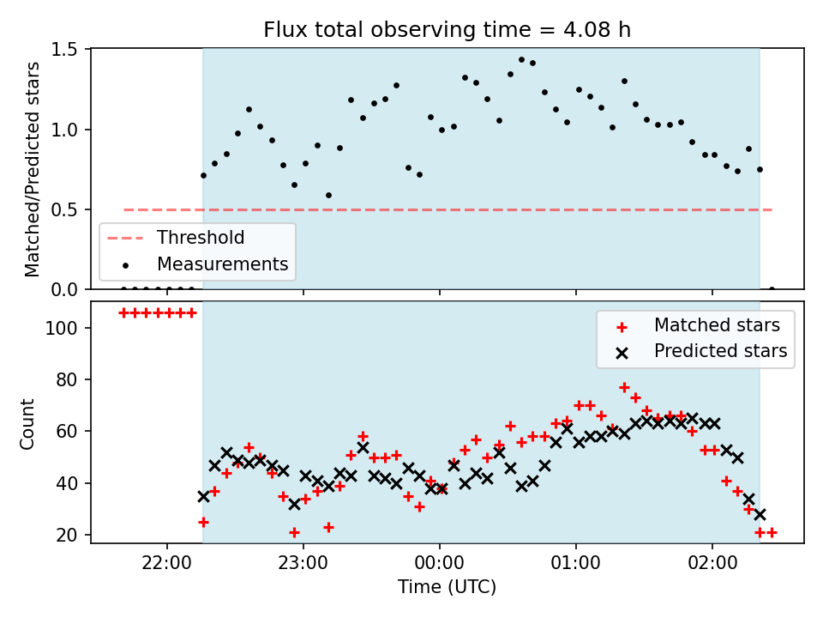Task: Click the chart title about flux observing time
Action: click(x=447, y=30)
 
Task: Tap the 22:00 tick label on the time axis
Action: click(x=167, y=563)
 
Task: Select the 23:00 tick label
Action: click(x=303, y=563)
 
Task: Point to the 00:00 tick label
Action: click(x=439, y=563)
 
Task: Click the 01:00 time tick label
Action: click(x=576, y=563)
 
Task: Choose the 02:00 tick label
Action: click(x=712, y=563)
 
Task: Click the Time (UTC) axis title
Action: click(x=447, y=587)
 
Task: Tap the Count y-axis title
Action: click(x=27, y=424)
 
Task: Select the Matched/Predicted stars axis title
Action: click(x=32, y=169)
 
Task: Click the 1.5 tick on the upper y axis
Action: click(x=64, y=50)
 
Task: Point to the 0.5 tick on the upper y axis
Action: click(x=64, y=209)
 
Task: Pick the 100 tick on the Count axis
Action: click(x=61, y=328)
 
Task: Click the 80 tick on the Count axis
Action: click(x=67, y=379)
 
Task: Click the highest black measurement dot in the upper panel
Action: click(x=521, y=60)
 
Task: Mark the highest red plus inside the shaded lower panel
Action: click(x=624, y=387)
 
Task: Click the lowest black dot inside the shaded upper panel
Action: click(x=328, y=196)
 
